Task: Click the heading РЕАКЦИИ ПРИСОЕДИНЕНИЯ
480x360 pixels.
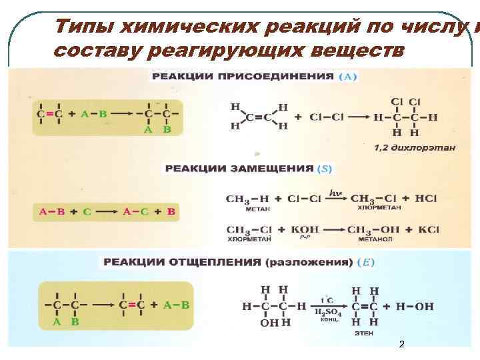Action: (243, 77)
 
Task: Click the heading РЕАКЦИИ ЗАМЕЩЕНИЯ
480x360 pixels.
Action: (239, 169)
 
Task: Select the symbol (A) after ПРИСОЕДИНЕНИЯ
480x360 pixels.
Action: (348, 77)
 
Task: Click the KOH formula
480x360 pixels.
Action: (305, 230)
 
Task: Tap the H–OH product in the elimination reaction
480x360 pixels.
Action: (414, 307)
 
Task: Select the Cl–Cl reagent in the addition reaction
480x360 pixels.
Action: (327, 117)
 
